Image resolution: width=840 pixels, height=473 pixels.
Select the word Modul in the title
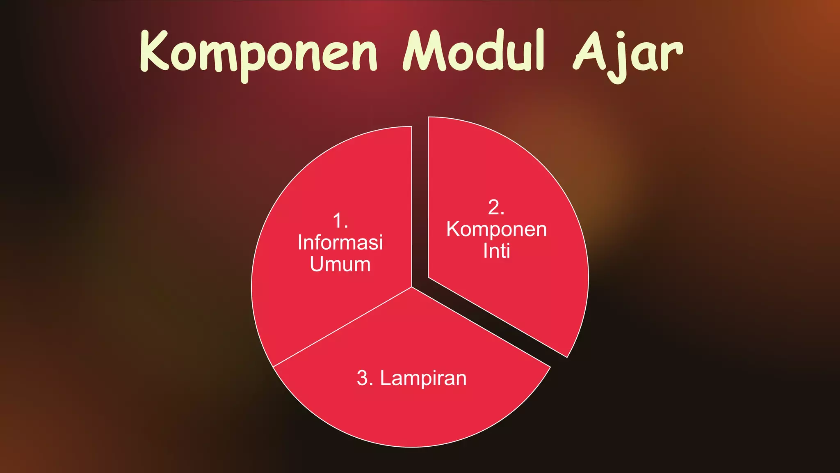(474, 51)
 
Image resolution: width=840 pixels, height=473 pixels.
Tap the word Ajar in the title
(628, 53)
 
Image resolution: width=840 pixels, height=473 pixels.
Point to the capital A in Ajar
(591, 51)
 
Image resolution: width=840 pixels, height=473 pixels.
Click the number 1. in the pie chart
(340, 221)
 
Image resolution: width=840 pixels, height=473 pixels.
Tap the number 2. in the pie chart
(496, 207)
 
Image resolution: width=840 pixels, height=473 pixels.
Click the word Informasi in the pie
(340, 242)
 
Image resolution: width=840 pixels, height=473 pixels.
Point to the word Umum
(340, 264)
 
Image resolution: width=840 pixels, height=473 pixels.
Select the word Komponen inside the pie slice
(496, 229)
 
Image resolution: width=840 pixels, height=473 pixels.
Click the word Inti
(496, 251)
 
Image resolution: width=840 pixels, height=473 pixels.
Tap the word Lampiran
(423, 378)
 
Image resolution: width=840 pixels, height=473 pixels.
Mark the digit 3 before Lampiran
(363, 378)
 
